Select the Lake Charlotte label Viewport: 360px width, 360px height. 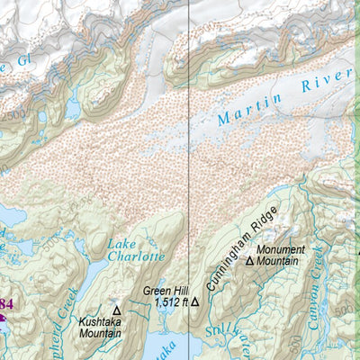point(136,249)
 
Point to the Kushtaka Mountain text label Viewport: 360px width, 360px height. point(99,327)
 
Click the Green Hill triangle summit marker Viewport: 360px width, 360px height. point(193,302)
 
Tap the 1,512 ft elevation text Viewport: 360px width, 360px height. point(170,303)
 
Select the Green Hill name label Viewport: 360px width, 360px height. point(166,291)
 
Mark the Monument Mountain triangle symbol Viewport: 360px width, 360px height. point(250,262)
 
